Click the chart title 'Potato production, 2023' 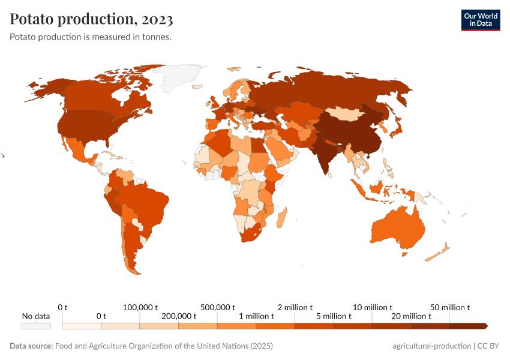click(x=92, y=19)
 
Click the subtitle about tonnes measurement click(x=91, y=37)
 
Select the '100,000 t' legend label click(x=140, y=307)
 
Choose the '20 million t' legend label click(x=411, y=316)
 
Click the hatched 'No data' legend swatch click(x=36, y=326)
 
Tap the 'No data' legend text click(x=36, y=316)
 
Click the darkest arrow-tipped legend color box click(x=468, y=326)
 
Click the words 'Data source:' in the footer click(x=31, y=346)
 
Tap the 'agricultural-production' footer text click(x=431, y=346)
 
